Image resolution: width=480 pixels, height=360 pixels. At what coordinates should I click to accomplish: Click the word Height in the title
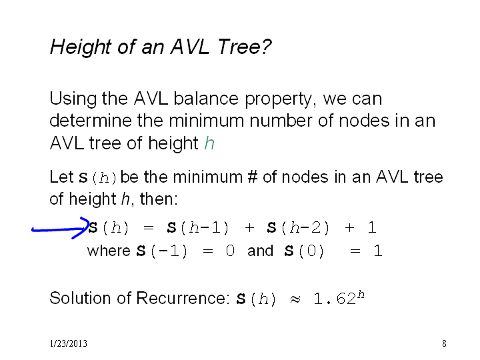[81, 47]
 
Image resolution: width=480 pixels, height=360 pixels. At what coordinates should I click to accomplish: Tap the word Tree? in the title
[244, 47]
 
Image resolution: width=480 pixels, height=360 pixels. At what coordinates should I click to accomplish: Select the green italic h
[209, 143]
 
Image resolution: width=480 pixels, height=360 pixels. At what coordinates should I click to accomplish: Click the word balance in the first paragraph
[206, 99]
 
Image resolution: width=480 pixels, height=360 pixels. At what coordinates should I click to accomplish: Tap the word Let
[61, 177]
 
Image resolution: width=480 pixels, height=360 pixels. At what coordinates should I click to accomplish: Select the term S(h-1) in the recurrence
[198, 228]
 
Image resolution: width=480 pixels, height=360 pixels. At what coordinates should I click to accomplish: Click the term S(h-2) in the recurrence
[298, 228]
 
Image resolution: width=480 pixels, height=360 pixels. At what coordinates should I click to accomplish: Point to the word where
[109, 251]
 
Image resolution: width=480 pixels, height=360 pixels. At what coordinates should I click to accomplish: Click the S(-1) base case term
[161, 251]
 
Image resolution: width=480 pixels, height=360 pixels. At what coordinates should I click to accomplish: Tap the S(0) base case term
[304, 251]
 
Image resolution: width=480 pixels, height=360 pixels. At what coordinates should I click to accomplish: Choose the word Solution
[80, 298]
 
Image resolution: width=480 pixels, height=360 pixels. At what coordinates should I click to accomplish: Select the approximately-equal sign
[295, 299]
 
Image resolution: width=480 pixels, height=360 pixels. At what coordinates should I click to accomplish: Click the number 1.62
[335, 299]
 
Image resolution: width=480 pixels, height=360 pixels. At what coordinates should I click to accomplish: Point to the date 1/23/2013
[68, 343]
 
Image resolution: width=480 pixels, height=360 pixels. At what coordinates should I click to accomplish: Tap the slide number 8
[444, 343]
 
